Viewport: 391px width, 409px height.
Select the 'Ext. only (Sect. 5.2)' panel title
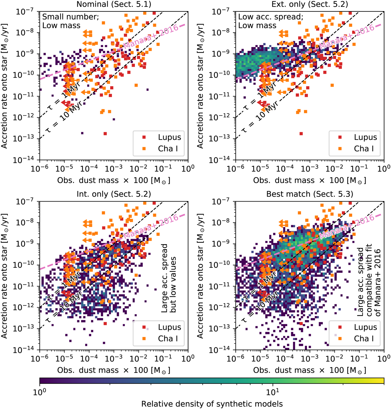point(310,4)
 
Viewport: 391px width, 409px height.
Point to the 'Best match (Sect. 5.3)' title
point(310,194)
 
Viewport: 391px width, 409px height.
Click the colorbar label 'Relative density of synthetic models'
point(212,403)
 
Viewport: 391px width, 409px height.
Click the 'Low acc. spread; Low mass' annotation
point(270,21)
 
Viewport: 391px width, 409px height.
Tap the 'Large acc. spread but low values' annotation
point(168,278)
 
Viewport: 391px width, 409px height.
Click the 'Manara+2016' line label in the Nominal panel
point(151,37)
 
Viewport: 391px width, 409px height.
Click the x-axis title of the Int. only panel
point(114,370)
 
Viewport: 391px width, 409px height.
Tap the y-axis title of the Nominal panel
point(5,85)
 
